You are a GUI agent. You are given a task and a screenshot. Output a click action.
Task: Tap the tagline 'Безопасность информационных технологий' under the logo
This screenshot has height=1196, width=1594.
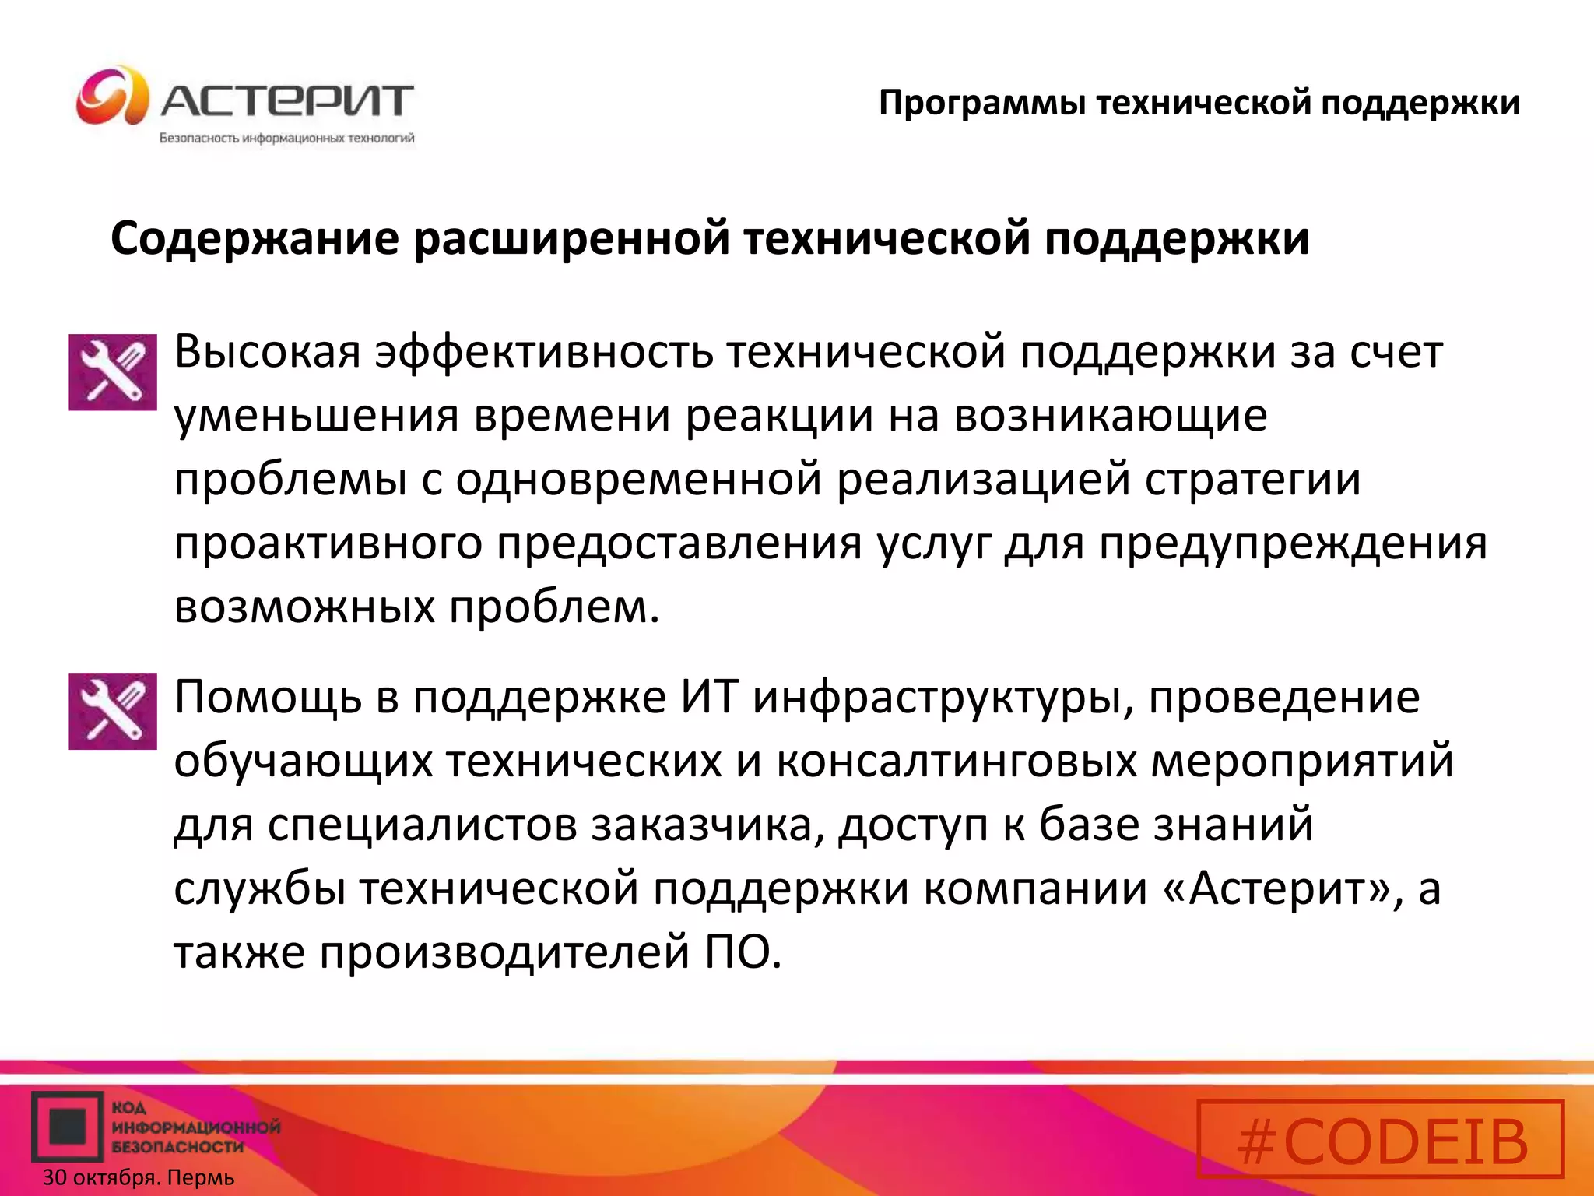coord(286,139)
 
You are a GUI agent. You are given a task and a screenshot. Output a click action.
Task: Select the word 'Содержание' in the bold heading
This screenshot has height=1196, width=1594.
coord(255,238)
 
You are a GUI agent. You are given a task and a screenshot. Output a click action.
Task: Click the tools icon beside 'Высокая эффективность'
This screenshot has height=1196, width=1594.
coord(113,372)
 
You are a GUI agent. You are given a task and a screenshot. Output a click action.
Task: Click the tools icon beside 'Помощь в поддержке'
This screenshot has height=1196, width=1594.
coord(113,711)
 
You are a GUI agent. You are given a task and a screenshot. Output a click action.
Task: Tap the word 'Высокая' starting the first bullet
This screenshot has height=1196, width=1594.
coord(267,352)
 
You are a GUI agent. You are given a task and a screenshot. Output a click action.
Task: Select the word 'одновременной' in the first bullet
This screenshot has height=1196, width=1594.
coord(638,480)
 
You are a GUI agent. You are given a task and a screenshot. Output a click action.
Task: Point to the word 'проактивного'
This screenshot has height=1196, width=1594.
coord(328,543)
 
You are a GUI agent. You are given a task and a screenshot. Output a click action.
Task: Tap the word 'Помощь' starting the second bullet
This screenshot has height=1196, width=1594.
coord(267,697)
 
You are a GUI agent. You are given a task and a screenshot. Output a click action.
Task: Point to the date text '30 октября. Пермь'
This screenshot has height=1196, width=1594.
coord(139,1177)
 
